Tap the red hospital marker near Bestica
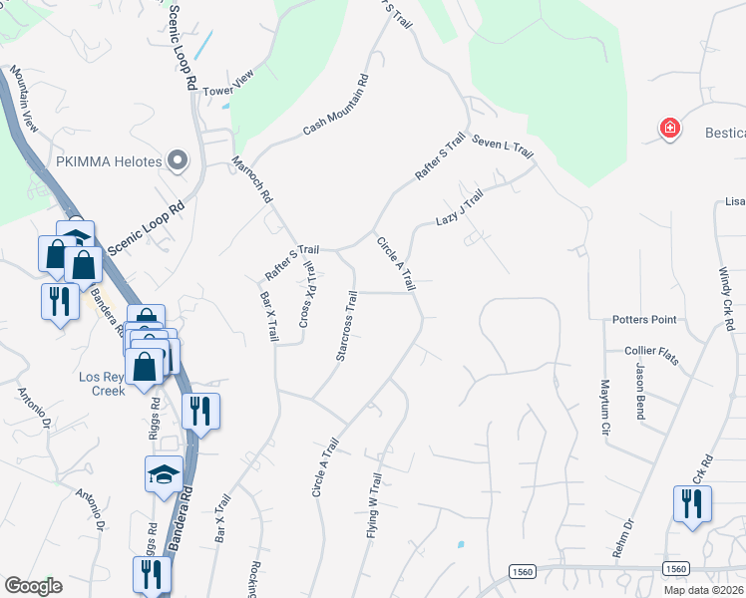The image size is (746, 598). (671, 128)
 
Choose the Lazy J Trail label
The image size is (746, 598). (459, 208)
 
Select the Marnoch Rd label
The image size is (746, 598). (252, 179)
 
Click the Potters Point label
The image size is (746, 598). (644, 319)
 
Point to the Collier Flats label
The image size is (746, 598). (651, 350)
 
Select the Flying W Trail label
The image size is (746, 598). (376, 505)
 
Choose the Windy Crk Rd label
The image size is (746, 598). (728, 299)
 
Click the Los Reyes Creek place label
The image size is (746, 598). (103, 384)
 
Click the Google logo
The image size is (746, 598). (33, 586)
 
